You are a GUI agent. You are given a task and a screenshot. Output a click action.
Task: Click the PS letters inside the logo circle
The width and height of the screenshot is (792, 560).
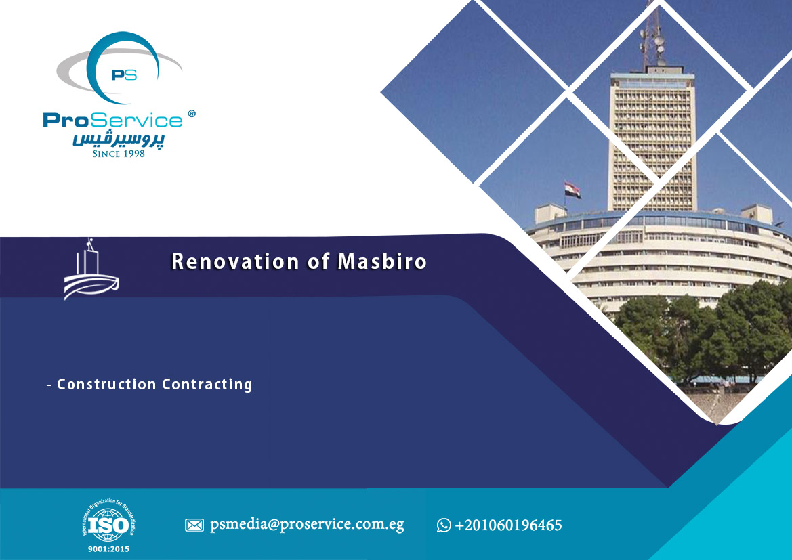[x=124, y=74]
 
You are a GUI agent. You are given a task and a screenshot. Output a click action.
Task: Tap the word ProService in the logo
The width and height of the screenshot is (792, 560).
[x=112, y=120]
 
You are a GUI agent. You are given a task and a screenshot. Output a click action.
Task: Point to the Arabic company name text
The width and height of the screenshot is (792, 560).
[x=118, y=139]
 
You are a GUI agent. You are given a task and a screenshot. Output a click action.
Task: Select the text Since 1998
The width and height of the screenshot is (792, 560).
[x=119, y=154]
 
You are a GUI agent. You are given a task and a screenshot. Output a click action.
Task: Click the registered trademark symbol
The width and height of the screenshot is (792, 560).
[x=192, y=114]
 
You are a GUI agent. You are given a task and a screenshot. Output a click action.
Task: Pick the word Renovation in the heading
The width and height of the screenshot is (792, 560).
[x=235, y=261]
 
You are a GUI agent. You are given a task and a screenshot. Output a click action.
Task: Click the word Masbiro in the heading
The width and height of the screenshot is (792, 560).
[x=382, y=261]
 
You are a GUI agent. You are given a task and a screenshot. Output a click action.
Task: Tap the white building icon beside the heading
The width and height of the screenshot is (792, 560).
[x=91, y=270]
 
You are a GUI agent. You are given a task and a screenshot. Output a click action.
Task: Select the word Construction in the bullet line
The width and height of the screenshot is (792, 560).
[x=106, y=384]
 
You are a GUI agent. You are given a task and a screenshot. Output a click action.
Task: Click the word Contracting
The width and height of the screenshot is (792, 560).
[x=207, y=385]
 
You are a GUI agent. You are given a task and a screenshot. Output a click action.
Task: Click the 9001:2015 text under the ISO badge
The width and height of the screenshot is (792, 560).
[x=108, y=549]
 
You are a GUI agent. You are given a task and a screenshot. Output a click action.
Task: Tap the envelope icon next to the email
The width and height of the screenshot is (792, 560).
[x=194, y=525]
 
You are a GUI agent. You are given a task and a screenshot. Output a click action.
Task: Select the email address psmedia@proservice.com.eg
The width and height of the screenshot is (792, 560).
[x=307, y=525]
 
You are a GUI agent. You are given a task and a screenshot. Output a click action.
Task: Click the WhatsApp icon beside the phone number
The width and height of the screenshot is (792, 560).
[x=444, y=525]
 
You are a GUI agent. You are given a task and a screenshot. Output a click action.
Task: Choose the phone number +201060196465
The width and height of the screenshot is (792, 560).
[x=508, y=525]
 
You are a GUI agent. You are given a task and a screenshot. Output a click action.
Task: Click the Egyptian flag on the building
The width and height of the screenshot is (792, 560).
[x=572, y=190]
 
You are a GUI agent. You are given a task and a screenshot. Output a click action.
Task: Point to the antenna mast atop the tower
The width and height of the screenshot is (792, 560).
[x=652, y=35]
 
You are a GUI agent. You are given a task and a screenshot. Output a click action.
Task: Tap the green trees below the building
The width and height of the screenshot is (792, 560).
[x=707, y=333]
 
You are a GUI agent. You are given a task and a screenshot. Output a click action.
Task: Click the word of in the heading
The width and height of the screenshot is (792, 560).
[x=318, y=261]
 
